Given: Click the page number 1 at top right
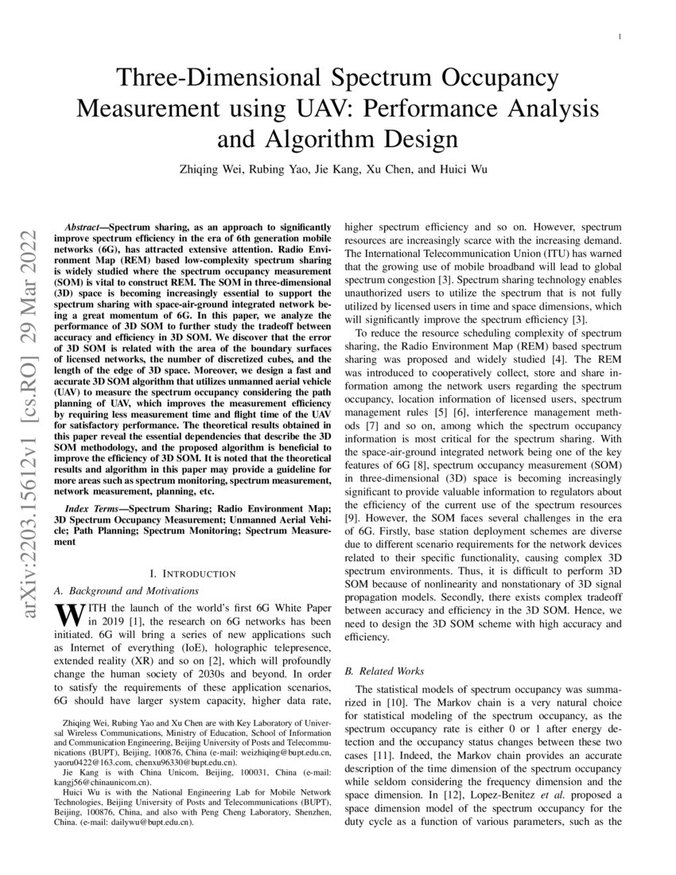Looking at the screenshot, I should pos(620,37).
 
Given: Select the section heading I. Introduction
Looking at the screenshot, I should pos(192,574).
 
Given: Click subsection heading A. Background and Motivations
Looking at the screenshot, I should pos(126,590).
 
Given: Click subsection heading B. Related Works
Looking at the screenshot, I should pos(390,671).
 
